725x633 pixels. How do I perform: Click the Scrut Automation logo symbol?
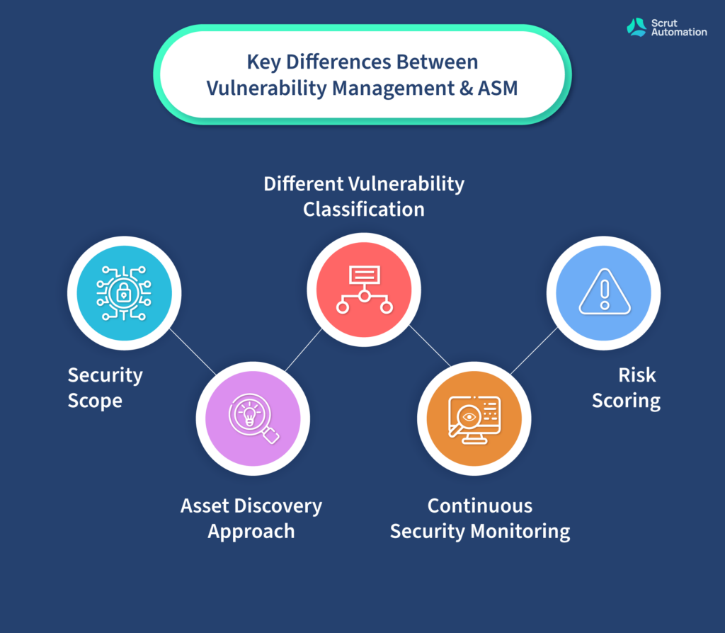[636, 28]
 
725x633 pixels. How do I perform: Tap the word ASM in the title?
[498, 88]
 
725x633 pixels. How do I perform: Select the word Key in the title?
[263, 62]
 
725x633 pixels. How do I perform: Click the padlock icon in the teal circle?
[123, 293]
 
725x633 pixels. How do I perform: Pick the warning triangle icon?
[605, 292]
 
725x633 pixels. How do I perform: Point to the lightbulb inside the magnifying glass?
[250, 414]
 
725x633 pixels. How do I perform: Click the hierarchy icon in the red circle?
[365, 290]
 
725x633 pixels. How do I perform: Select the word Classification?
[364, 210]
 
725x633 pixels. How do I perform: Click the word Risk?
[637, 375]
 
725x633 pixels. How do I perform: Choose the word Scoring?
[626, 401]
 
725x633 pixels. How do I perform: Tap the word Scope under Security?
[95, 401]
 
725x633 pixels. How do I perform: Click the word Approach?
[251, 531]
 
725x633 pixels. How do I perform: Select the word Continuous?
[480, 506]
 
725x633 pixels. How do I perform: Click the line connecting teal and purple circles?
[193, 351]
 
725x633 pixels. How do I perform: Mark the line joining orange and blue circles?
[534, 350]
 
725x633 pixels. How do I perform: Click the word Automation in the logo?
[679, 33]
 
